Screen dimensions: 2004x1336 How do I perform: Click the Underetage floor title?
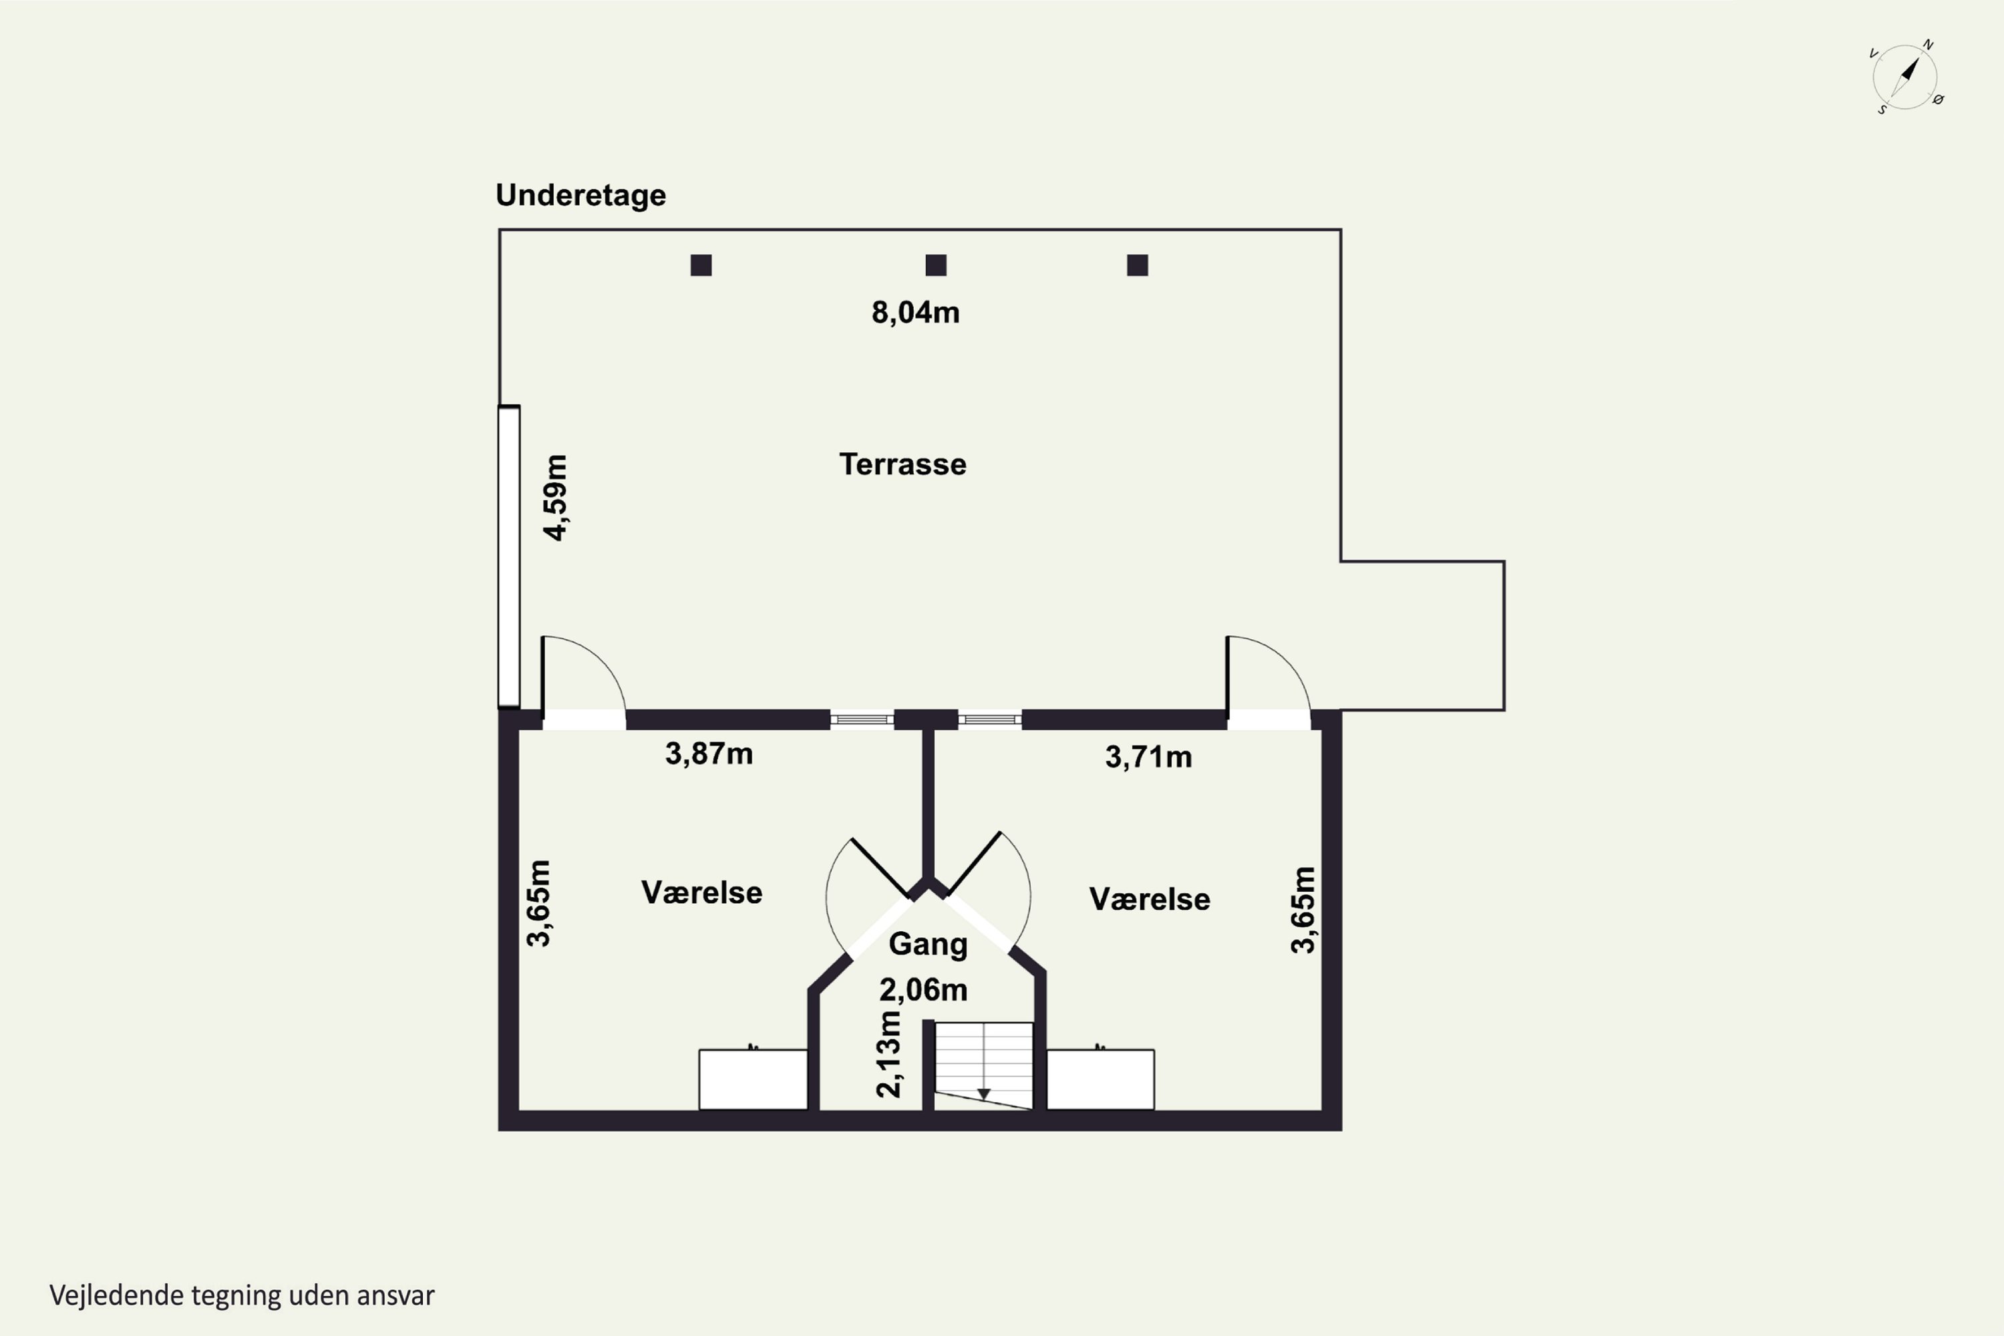pyautogui.click(x=580, y=196)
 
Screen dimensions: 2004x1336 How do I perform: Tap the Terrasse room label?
pyautogui.click(x=902, y=464)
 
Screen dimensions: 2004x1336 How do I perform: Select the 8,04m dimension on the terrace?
pyautogui.click(x=915, y=313)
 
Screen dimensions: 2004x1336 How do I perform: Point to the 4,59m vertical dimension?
pyautogui.click(x=556, y=498)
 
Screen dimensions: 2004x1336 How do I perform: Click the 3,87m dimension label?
pyautogui.click(x=709, y=754)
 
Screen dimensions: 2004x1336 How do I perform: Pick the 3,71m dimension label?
pyautogui.click(x=1148, y=757)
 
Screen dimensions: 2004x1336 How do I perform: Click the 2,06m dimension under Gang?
pyautogui.click(x=924, y=990)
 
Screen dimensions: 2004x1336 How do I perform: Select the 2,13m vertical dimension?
pyautogui.click(x=888, y=1054)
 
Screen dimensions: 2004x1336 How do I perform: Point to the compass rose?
pyautogui.click(x=1905, y=77)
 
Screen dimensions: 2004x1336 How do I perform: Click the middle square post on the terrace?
pyautogui.click(x=936, y=266)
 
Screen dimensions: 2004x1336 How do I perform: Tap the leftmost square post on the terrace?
pyautogui.click(x=701, y=266)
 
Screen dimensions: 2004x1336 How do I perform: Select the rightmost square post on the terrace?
pyautogui.click(x=1138, y=266)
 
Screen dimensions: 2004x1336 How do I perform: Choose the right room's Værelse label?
pyautogui.click(x=1150, y=900)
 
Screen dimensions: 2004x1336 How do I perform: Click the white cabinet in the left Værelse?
pyautogui.click(x=754, y=1079)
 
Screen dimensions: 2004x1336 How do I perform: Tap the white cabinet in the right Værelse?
pyautogui.click(x=1100, y=1079)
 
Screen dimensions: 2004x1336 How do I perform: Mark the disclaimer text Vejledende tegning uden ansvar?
pyautogui.click(x=242, y=1296)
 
